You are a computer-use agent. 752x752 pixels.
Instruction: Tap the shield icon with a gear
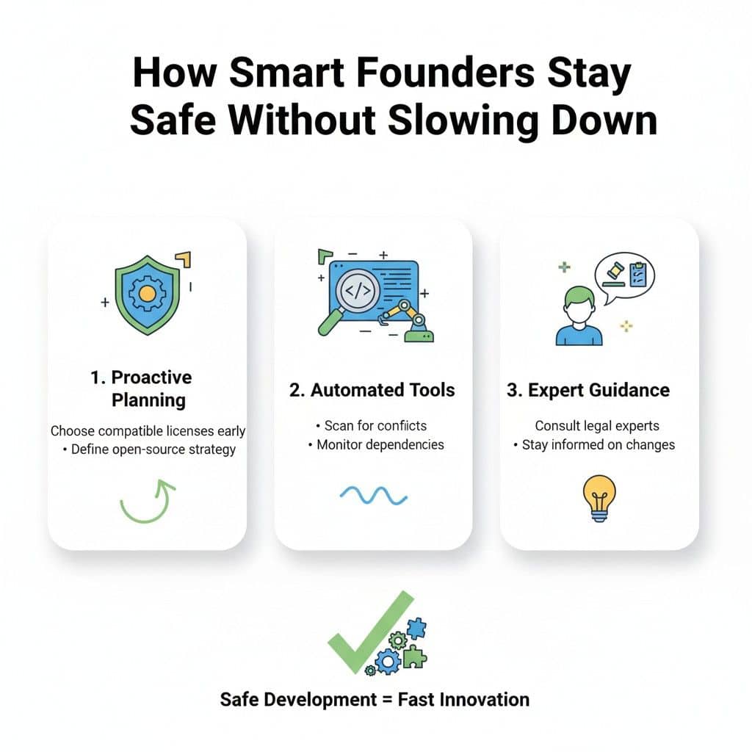pyautogui.click(x=147, y=294)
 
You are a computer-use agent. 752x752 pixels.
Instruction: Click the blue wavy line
pyautogui.click(x=373, y=496)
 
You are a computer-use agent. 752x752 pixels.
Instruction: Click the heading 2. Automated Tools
pyautogui.click(x=372, y=390)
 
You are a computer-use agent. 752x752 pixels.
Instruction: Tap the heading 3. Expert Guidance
pyautogui.click(x=588, y=390)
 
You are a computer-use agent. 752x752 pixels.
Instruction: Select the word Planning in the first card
pyautogui.click(x=148, y=400)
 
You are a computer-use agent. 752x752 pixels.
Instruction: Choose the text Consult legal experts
pyautogui.click(x=597, y=425)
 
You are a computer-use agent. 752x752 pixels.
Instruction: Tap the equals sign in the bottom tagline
pyautogui.click(x=386, y=699)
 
